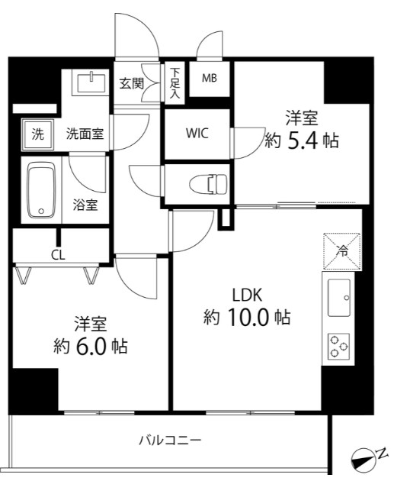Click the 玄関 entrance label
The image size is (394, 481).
131,83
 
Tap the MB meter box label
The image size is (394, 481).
209,78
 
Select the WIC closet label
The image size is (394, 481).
197,131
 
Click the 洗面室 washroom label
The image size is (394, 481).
85,134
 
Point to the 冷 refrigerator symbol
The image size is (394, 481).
341,250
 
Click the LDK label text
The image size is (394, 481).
247,293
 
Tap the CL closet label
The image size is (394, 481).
58,255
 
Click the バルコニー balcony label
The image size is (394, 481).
170,441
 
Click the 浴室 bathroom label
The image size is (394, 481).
84,205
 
